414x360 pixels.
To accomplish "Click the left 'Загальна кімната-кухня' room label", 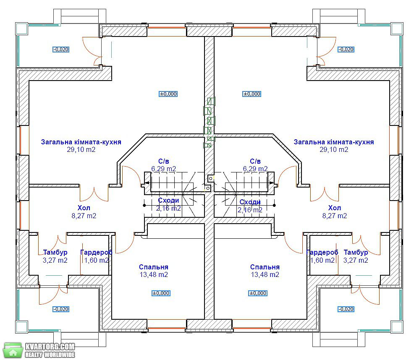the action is pos(81,142).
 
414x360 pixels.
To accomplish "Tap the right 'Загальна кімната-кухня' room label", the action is pos(334,142).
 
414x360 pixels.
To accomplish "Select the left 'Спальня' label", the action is pos(154,267).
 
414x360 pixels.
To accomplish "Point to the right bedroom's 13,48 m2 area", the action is pos(265,275).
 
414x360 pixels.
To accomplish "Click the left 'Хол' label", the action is pos(84,208).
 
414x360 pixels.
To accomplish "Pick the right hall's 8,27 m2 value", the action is pos(335,216).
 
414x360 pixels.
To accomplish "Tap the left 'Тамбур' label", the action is pos(55,252).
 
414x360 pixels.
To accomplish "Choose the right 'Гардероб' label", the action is pos(322,252).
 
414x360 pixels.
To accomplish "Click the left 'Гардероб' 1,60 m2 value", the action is pos(97,261).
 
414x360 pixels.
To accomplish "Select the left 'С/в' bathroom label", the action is pos(164,161).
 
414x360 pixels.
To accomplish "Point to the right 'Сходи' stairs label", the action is pos(250,202).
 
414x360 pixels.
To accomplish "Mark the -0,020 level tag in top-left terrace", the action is pos(61,50).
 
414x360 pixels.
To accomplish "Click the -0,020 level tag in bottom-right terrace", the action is pos(346,309).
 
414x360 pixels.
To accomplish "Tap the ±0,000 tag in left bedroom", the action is pos(161,293).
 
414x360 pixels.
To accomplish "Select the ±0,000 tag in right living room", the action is pos(252,94).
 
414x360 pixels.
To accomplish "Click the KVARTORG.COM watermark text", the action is pos(50,346).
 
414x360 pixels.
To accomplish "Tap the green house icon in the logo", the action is pos(12,350).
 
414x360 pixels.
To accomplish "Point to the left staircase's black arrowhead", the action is pos(147,183).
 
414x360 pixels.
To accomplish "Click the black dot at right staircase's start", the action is pos(274,205).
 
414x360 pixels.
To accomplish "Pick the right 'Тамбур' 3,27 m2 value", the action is pos(356,261).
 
